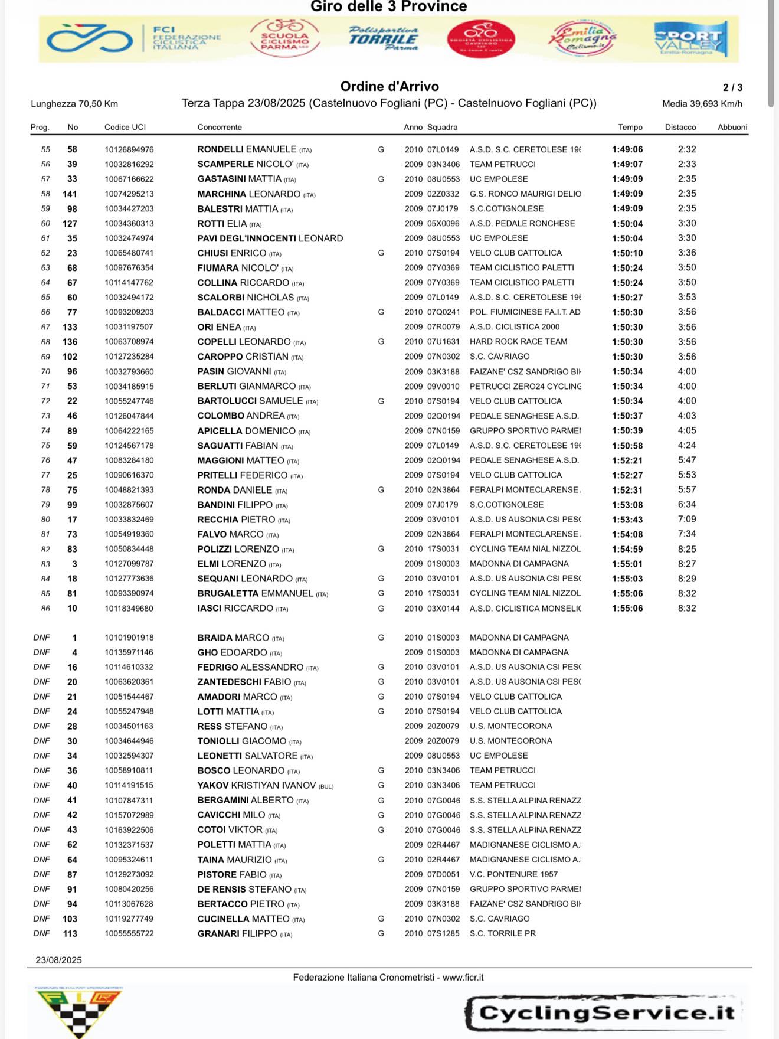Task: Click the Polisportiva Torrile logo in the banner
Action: tap(384, 38)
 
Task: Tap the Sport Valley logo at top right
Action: tap(690, 39)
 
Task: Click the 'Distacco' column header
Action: tap(680, 127)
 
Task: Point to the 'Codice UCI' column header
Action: tap(125, 127)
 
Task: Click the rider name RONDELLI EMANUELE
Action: tap(247, 149)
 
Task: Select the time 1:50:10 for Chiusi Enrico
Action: tap(627, 253)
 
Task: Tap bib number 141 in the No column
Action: tap(70, 194)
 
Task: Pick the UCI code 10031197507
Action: tap(129, 327)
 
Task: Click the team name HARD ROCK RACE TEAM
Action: tap(518, 342)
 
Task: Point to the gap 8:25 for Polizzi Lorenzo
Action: tap(687, 549)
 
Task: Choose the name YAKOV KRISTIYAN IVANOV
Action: tap(257, 785)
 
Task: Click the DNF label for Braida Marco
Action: tap(42, 638)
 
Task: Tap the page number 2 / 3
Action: tap(732, 87)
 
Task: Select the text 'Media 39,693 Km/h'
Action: tap(702, 104)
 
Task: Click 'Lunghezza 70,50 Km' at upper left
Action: tap(74, 104)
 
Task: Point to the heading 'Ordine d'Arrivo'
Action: tap(390, 86)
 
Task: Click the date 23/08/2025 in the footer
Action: tap(58, 960)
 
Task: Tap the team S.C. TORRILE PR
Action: tap(502, 933)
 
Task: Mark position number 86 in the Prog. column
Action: tap(45, 608)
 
